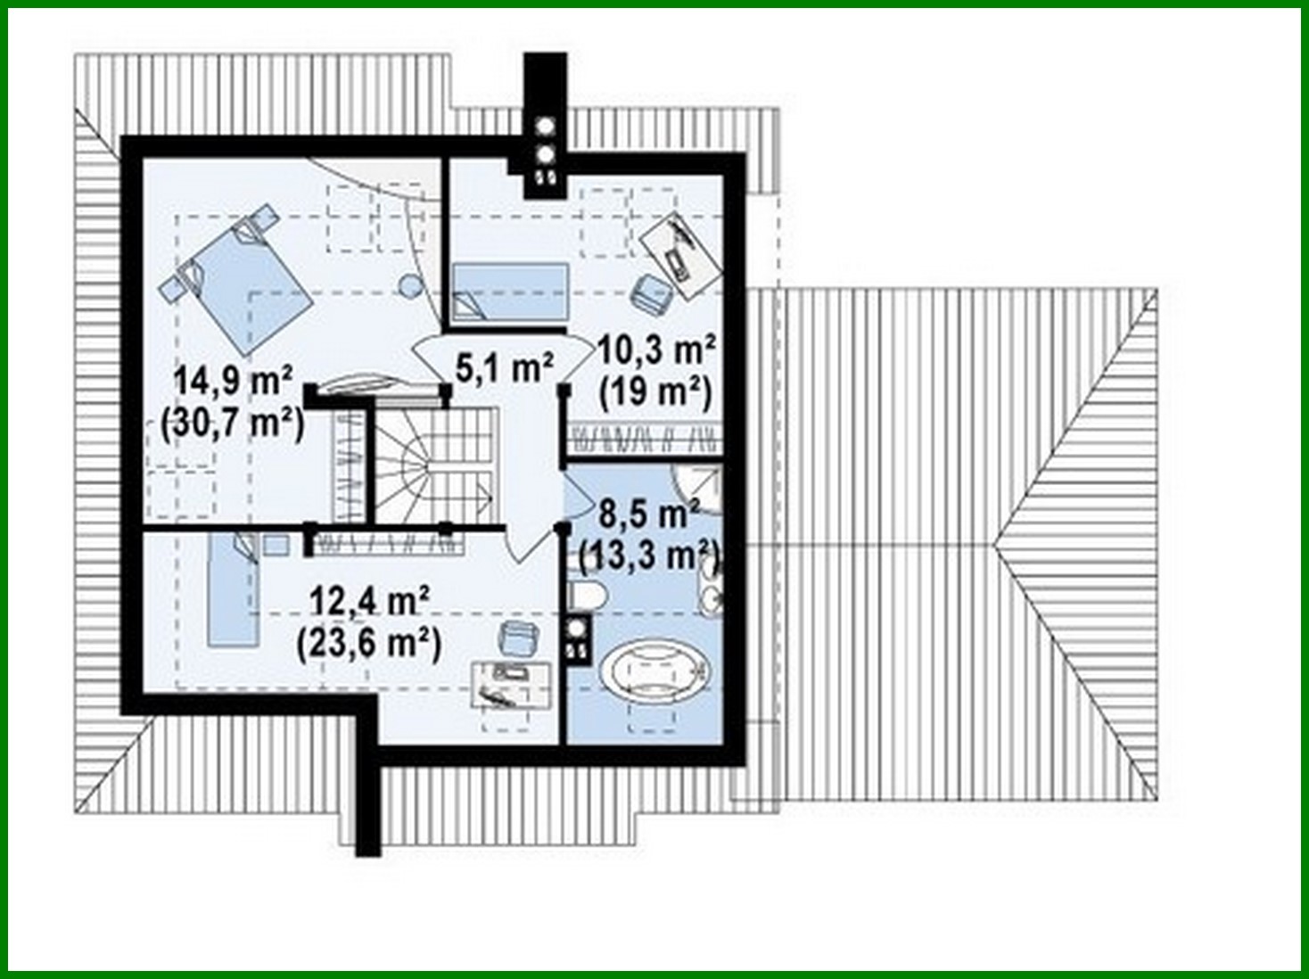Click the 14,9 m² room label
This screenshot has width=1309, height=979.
[233, 381]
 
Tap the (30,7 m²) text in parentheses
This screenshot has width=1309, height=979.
[233, 423]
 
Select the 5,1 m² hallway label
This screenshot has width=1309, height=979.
[505, 366]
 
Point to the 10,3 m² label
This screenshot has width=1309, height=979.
[656, 350]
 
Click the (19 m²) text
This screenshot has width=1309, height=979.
[656, 391]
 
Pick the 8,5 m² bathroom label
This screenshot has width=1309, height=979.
[649, 514]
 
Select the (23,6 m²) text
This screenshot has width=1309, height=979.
[369, 642]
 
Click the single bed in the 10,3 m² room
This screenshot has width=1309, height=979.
[509, 292]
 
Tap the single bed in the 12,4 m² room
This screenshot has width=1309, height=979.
[233, 588]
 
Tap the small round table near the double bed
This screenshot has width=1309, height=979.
[409, 287]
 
